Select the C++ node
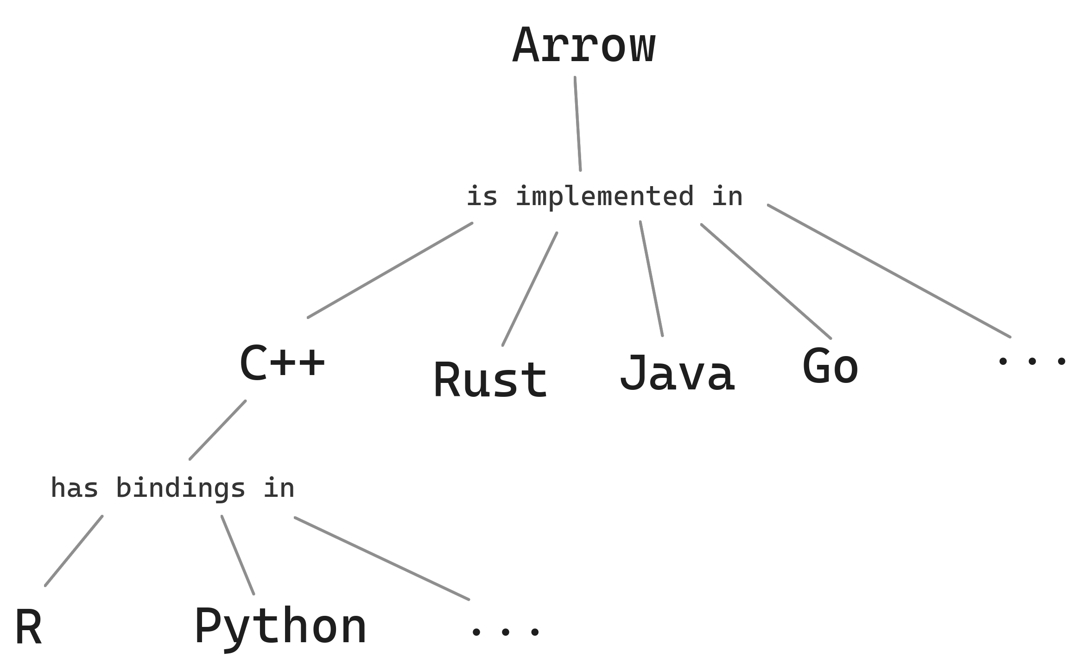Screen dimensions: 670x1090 (282, 363)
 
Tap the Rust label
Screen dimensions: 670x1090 (490, 380)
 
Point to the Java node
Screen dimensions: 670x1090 (677, 373)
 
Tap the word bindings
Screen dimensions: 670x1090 (180, 489)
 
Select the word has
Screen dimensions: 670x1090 (74, 489)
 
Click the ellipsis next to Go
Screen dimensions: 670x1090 (1032, 361)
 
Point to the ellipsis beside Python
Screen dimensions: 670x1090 (505, 631)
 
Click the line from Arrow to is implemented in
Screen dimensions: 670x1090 (578, 124)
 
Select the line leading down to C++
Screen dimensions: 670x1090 (390, 270)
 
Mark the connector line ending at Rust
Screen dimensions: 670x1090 (529, 289)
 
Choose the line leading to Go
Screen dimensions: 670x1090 (766, 281)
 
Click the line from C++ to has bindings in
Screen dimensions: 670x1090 (217, 430)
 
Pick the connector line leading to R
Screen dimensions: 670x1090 (74, 551)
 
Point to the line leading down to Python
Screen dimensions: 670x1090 (237, 554)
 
